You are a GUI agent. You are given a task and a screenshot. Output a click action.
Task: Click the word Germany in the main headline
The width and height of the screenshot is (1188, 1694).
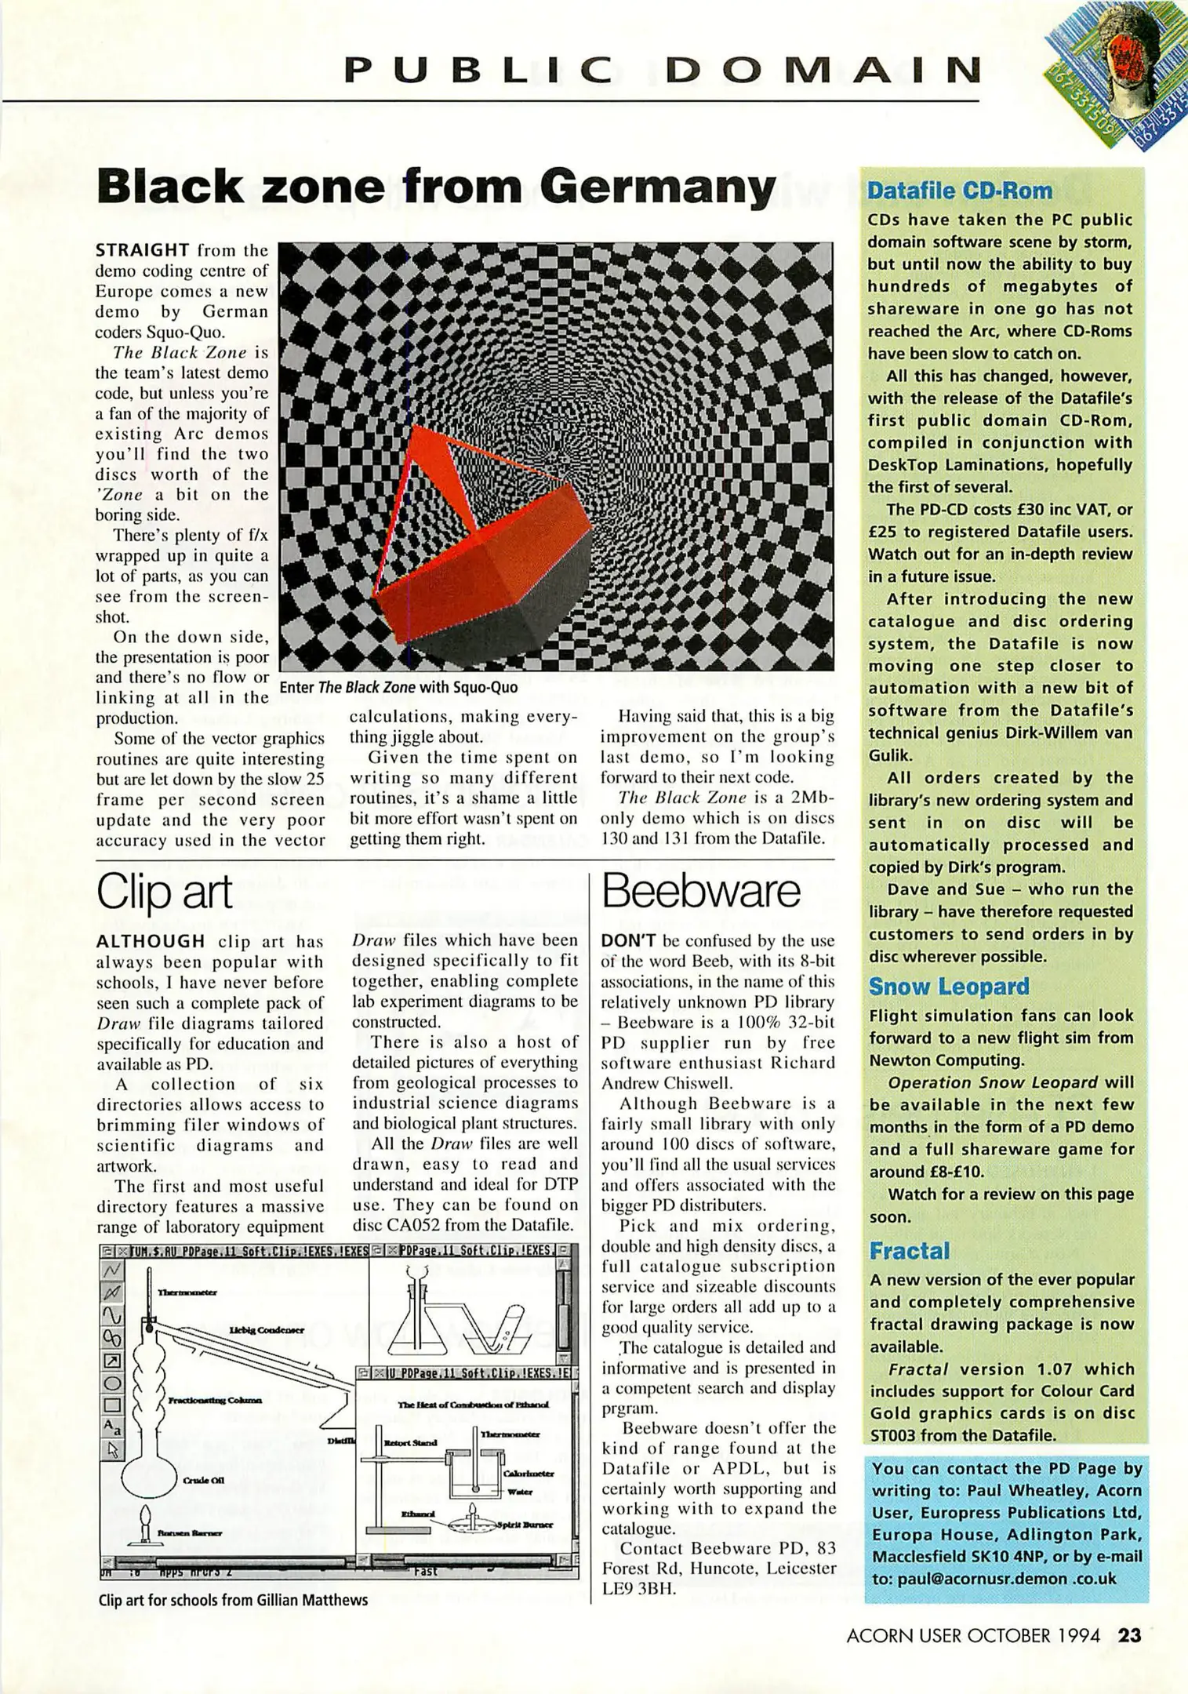click(657, 187)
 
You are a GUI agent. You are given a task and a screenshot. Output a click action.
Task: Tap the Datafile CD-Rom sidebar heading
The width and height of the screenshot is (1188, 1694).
click(959, 191)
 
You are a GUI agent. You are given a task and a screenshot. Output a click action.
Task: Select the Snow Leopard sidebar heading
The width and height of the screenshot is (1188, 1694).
click(948, 987)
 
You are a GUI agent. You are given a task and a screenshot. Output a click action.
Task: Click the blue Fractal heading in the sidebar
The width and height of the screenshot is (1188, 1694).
click(909, 1251)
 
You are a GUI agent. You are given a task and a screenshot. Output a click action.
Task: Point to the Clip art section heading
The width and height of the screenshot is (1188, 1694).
click(164, 892)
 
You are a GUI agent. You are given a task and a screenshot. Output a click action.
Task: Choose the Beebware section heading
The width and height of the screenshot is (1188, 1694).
click(701, 892)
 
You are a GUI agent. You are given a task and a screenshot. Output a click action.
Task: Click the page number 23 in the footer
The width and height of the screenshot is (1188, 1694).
click(1129, 1635)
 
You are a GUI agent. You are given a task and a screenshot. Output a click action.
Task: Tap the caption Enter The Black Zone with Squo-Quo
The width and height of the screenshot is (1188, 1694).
click(398, 688)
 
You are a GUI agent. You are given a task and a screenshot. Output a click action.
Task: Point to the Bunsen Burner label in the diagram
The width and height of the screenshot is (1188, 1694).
click(189, 1532)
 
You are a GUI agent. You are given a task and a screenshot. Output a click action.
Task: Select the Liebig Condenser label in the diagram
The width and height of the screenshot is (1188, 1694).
click(266, 1329)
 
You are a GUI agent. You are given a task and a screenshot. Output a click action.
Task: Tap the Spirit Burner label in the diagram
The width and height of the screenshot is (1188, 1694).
click(525, 1525)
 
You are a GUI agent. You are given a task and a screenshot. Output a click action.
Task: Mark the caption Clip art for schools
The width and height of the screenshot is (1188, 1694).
click(233, 1600)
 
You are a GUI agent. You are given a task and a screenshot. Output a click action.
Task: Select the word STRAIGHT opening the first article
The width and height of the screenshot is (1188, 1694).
click(142, 250)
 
